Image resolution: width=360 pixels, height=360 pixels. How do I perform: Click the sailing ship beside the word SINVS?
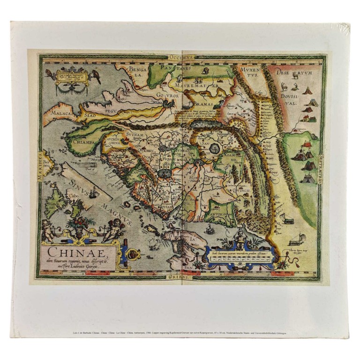94,191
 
